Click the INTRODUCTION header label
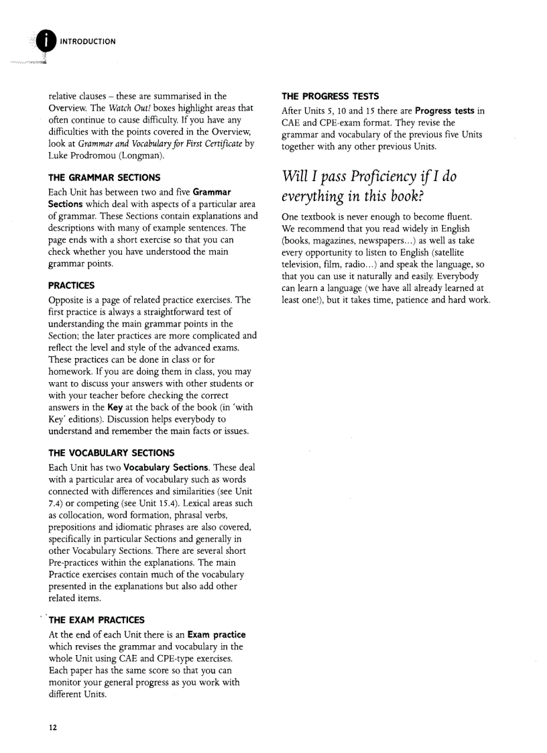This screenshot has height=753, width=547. tap(88, 42)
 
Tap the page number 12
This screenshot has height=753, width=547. tap(52, 728)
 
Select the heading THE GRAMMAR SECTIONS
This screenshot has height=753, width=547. tap(104, 178)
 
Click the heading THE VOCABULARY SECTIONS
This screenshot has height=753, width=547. tap(111, 453)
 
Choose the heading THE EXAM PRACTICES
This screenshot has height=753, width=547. tap(97, 620)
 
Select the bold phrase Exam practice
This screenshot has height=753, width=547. tap(216, 634)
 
